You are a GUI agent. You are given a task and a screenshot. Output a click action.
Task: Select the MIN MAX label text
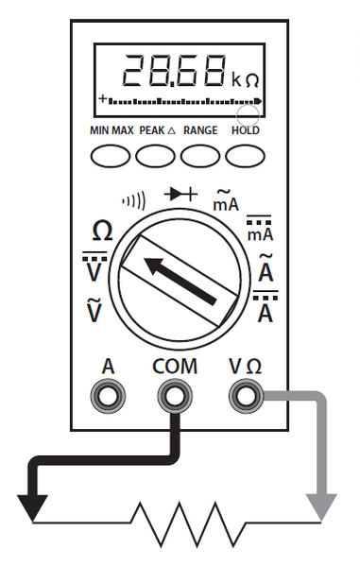[x=111, y=130]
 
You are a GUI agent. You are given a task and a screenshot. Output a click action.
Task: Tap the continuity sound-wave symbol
[x=135, y=202]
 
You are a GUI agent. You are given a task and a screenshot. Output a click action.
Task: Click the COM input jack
[x=175, y=396]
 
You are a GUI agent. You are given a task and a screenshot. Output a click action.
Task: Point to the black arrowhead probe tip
[x=32, y=507]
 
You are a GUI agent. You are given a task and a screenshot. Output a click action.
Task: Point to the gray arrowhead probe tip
[x=322, y=507]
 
